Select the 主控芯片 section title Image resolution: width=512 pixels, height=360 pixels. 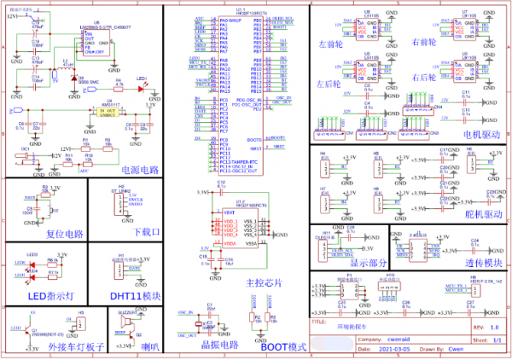click(262, 281)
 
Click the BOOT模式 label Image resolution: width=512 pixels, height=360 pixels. click(282, 347)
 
